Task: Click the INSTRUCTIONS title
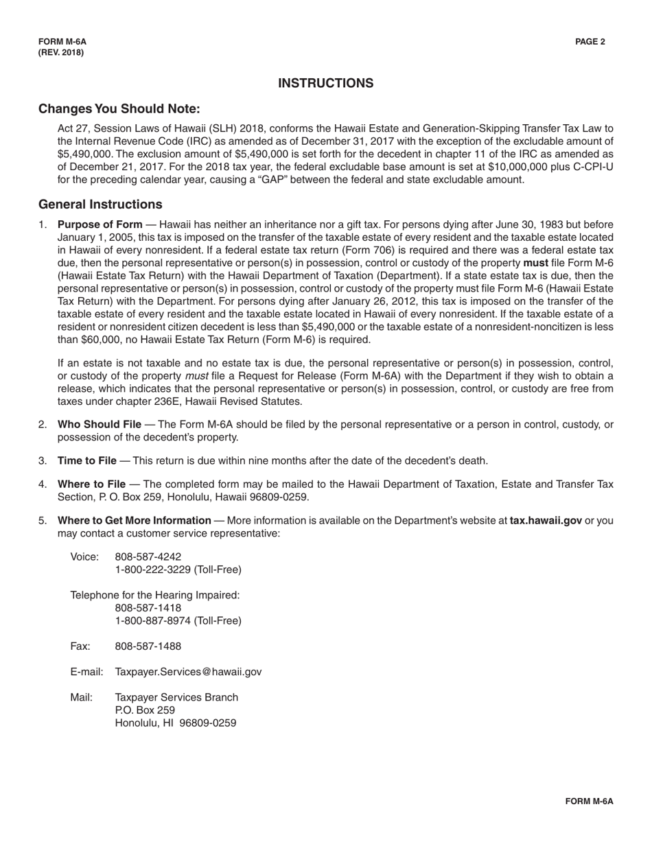click(x=325, y=83)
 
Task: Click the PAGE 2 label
click(x=590, y=42)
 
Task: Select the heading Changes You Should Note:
click(x=119, y=109)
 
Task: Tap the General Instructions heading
click(x=100, y=204)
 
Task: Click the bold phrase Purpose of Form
click(x=100, y=224)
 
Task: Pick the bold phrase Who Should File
click(x=100, y=425)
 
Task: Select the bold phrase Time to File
click(x=87, y=460)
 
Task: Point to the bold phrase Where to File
click(x=91, y=484)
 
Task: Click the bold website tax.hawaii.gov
click(x=546, y=520)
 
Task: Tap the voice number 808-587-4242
click(x=148, y=556)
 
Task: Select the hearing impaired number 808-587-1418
click(x=148, y=608)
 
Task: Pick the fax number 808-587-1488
click(x=148, y=646)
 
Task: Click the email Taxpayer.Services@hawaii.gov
click(x=188, y=672)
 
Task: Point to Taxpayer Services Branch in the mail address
click(x=176, y=697)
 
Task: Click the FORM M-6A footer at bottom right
click(x=589, y=801)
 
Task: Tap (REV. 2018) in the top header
click(x=61, y=52)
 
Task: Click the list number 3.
click(x=43, y=460)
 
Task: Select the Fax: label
click(x=80, y=646)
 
